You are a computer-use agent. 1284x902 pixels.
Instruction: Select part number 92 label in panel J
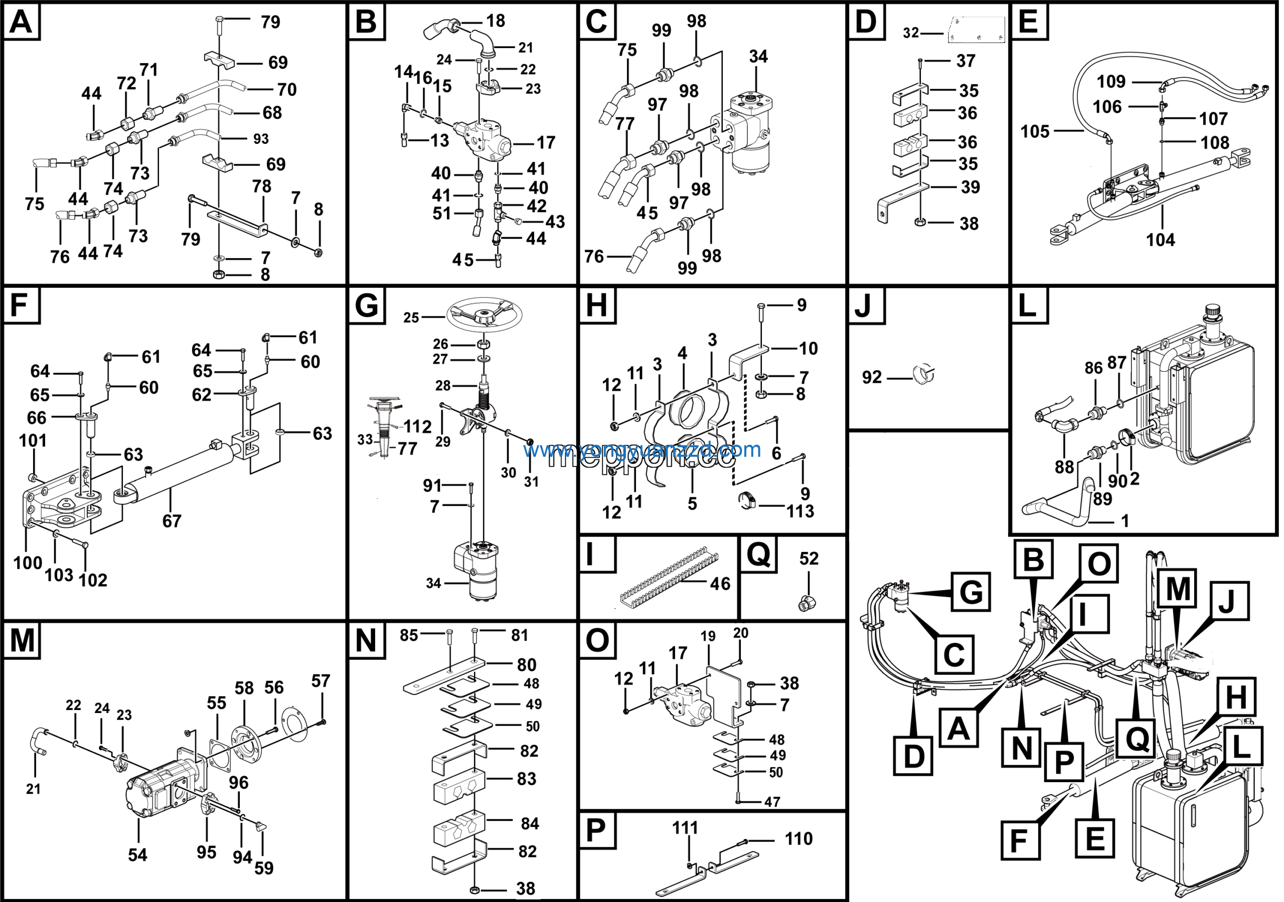tap(872, 378)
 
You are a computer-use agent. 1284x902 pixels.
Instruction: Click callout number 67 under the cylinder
tap(172, 521)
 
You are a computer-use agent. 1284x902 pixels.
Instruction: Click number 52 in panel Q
tap(809, 559)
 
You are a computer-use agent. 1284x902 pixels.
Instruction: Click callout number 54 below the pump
tap(137, 855)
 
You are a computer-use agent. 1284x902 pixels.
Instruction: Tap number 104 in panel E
tap(1161, 240)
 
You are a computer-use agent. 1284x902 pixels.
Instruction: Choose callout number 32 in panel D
tap(911, 33)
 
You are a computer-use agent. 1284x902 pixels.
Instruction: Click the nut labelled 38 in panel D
tap(919, 223)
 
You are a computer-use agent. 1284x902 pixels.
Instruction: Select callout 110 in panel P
tap(798, 839)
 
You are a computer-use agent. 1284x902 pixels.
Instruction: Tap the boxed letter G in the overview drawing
tap(971, 592)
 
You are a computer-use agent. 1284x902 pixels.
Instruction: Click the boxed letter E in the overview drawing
tap(1094, 839)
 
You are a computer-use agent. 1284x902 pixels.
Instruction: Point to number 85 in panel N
tap(409, 635)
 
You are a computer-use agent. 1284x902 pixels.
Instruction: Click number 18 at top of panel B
tap(496, 21)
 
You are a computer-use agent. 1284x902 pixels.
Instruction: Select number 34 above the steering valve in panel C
tap(758, 57)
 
